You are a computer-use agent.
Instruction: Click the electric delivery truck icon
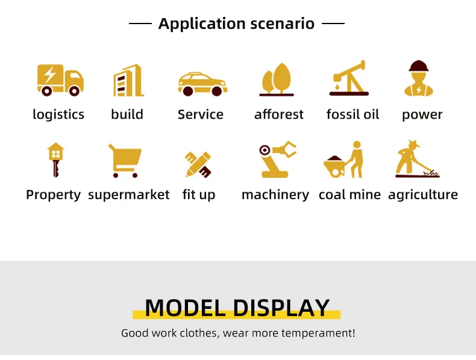click(60, 80)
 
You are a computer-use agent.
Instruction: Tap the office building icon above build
click(128, 81)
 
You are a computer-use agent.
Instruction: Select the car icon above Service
click(202, 84)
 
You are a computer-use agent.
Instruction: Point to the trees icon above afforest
click(277, 80)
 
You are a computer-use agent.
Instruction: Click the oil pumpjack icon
click(349, 78)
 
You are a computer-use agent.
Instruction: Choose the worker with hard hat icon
click(419, 78)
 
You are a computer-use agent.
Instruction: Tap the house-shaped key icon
click(55, 160)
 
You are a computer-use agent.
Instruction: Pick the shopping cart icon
click(125, 161)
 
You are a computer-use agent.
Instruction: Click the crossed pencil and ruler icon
click(198, 165)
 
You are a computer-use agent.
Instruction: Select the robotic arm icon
click(277, 159)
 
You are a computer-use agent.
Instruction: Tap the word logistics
click(58, 115)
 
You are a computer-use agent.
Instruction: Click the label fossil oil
click(352, 115)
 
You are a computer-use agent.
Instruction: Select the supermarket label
click(129, 195)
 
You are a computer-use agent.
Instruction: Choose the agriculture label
click(423, 195)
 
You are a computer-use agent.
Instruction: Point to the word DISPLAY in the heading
click(281, 308)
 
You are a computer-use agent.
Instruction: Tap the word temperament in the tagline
click(316, 333)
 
